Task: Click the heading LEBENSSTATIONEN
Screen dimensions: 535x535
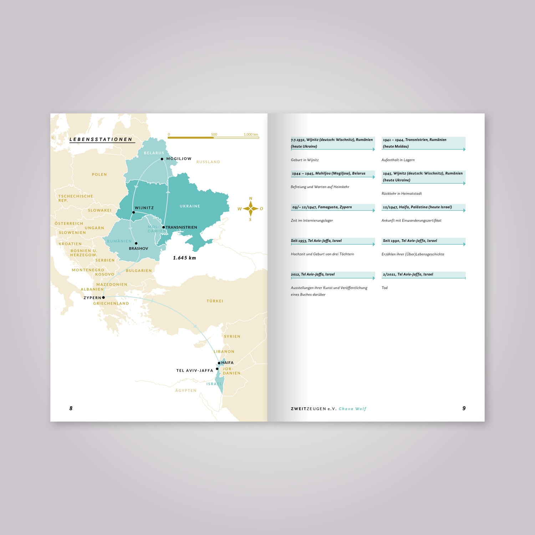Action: (101, 139)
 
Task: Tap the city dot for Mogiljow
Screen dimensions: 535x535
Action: (162, 159)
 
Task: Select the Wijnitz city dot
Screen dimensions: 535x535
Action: (134, 212)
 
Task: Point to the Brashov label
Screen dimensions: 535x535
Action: (138, 249)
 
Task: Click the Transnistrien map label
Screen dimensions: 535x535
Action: (181, 227)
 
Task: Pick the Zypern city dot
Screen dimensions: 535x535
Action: (103, 297)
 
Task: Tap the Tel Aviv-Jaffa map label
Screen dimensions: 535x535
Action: (195, 371)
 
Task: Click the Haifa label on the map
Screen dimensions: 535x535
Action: (227, 363)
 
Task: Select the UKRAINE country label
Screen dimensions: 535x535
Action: (190, 206)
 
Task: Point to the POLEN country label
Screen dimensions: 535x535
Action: (100, 174)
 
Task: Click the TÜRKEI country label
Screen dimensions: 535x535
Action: (215, 301)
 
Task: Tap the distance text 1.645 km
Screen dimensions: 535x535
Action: (184, 258)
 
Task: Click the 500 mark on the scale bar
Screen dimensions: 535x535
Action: (214, 134)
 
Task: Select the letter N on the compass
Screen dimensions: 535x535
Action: (251, 198)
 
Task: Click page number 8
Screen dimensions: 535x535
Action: (71, 408)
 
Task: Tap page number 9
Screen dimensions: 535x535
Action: (464, 408)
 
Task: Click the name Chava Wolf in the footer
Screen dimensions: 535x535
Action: (352, 409)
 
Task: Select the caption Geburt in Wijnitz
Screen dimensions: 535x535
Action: (305, 160)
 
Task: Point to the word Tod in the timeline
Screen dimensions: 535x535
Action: (384, 288)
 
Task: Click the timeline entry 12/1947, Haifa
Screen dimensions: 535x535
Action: (417, 207)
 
